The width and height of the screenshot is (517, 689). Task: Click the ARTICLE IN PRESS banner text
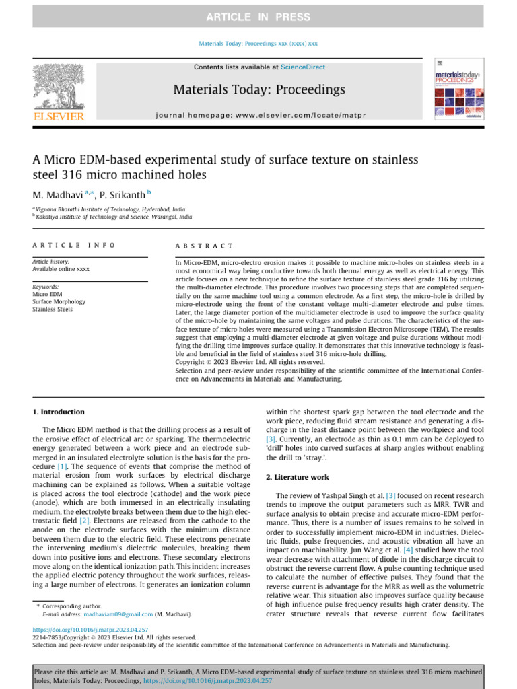258,17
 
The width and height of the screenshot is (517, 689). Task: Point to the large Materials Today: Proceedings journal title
258,90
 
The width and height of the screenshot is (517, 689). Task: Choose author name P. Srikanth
128,195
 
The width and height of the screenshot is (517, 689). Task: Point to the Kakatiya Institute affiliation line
113,217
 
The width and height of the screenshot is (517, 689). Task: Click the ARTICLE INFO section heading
74,246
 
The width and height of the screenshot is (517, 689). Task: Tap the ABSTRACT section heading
204,246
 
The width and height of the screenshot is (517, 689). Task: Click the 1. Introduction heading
59,412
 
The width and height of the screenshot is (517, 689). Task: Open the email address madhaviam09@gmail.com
118,614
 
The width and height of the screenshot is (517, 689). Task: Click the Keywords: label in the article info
46,286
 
